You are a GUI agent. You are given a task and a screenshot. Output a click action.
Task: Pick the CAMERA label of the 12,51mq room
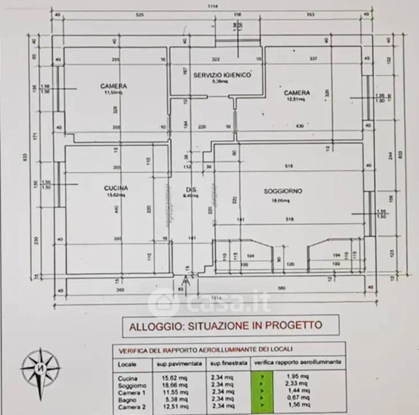pos(296,93)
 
